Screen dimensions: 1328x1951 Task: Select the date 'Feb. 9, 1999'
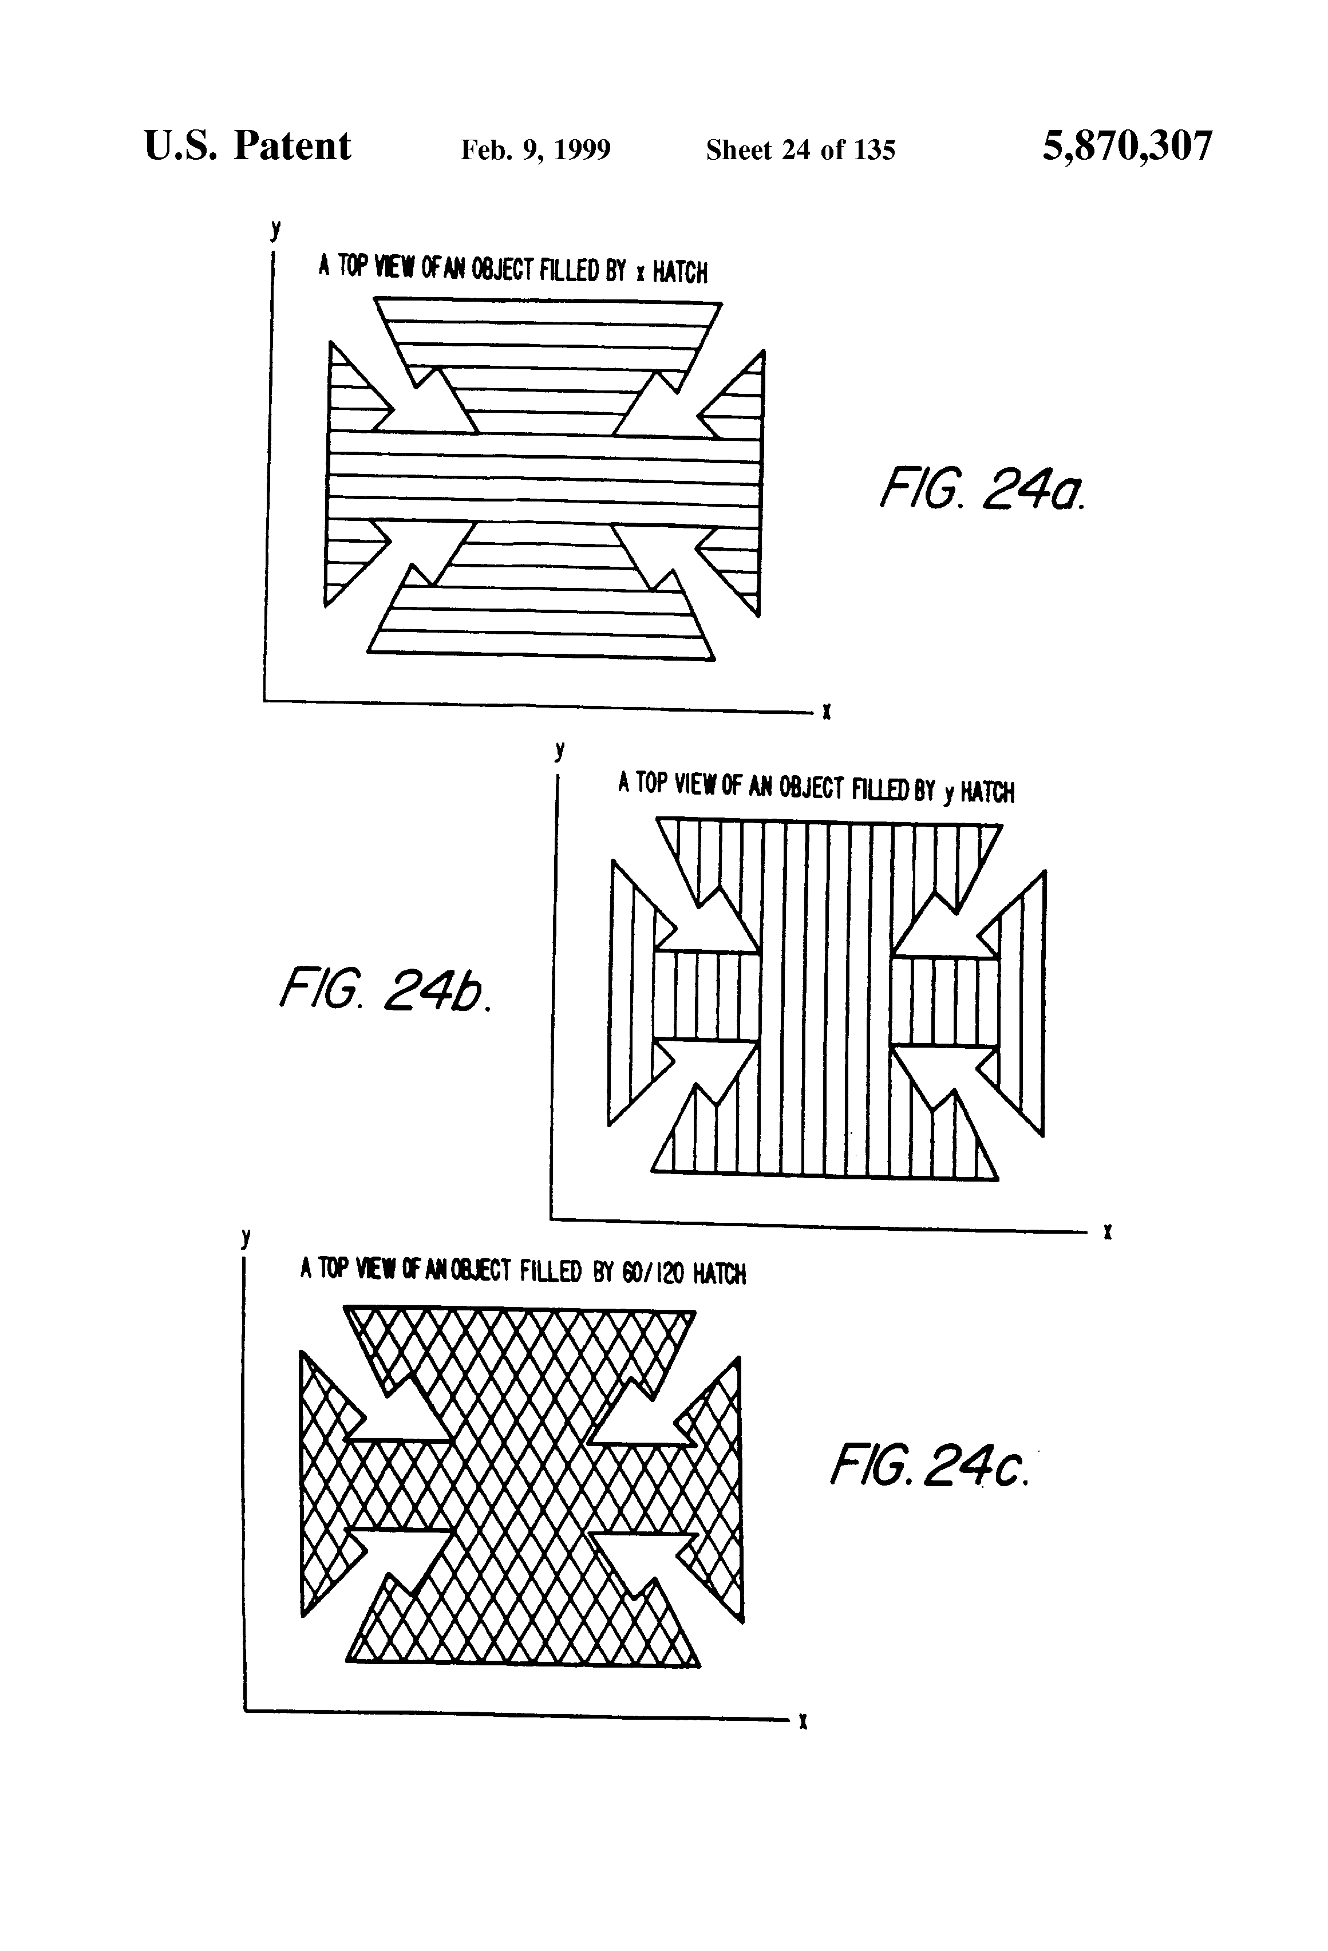(536, 150)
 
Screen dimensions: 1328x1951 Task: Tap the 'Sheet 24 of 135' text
(800, 150)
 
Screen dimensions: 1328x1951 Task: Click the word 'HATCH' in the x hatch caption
(680, 272)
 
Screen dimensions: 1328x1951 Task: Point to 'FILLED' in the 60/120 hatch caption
(551, 1271)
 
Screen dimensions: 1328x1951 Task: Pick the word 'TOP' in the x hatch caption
(351, 267)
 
